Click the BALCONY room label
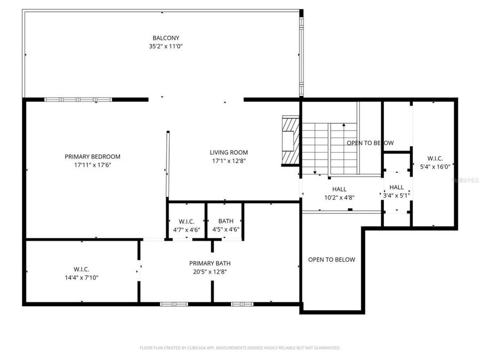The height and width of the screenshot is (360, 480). [165, 38]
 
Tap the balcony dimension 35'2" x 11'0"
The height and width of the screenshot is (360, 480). [165, 46]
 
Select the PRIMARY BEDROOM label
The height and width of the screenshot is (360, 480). [92, 156]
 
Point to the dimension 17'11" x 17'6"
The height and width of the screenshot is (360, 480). [92, 165]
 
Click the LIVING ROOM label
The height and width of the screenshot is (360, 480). [228, 153]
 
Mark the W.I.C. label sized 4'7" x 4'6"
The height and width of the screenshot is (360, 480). [186, 225]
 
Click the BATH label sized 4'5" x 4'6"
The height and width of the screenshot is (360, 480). [226, 225]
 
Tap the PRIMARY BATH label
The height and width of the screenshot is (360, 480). [210, 263]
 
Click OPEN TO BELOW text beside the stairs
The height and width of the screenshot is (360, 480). [370, 143]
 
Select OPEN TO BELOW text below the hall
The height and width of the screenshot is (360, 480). [331, 260]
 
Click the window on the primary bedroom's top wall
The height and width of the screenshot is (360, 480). [78, 99]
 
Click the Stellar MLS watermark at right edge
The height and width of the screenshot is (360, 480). [465, 180]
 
